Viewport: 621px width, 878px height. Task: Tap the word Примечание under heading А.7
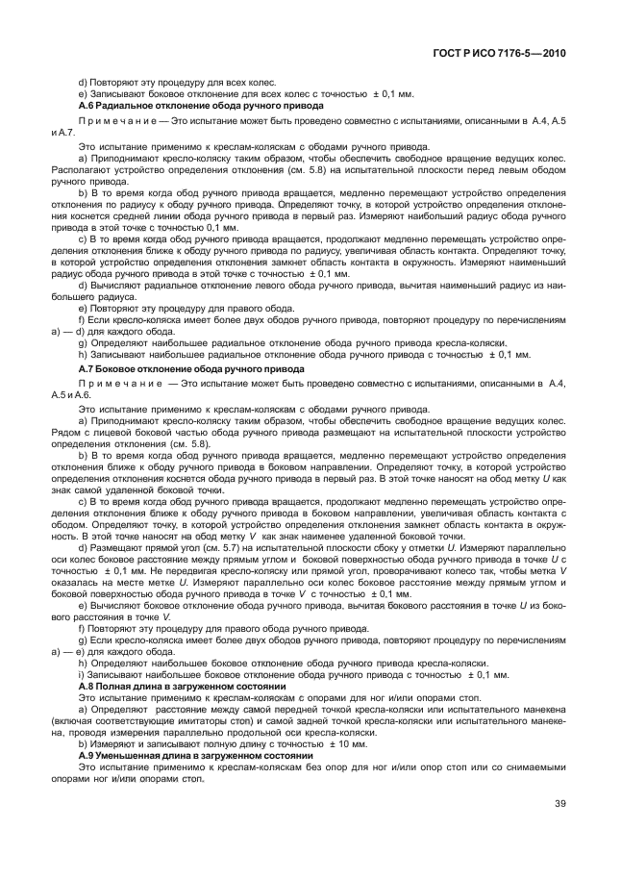(114, 383)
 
